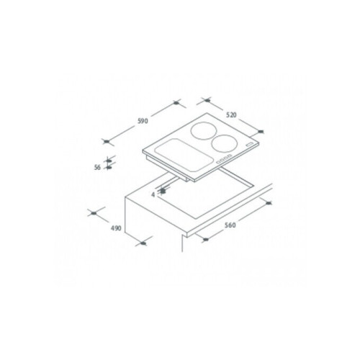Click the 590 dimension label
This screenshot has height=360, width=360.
(x=143, y=121)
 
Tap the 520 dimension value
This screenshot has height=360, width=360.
(x=231, y=115)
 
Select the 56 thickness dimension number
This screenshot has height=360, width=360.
(x=97, y=167)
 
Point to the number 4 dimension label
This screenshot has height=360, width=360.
(x=153, y=194)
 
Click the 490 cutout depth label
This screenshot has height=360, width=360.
(x=116, y=228)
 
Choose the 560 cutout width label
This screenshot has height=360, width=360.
(x=230, y=225)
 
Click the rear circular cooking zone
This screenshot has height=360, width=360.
(x=204, y=131)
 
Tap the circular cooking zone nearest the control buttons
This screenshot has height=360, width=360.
(x=225, y=143)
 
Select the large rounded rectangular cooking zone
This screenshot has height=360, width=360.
(x=184, y=156)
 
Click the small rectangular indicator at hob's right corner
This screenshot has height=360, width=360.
(x=250, y=145)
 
